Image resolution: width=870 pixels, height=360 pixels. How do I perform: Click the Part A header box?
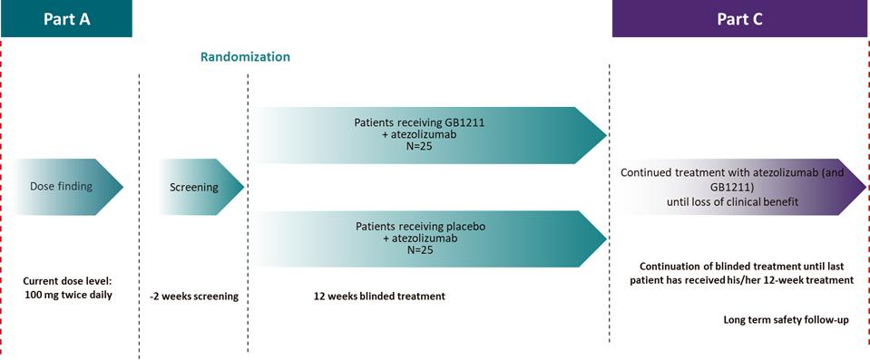[x=66, y=18]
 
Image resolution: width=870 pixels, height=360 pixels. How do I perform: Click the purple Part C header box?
[x=740, y=18]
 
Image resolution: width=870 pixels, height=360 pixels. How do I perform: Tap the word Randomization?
[x=245, y=56]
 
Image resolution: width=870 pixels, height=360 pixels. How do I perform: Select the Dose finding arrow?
[x=69, y=187]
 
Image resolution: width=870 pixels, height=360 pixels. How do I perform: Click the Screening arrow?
[x=201, y=187]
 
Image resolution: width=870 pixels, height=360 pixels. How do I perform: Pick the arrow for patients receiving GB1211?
[x=430, y=135]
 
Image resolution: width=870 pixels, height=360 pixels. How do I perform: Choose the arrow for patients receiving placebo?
[x=430, y=238]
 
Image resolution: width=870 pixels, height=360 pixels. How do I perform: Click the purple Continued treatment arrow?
[x=741, y=187]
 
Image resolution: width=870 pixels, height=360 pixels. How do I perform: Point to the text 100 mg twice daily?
[x=69, y=295]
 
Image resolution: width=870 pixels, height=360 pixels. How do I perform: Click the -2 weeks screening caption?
[x=194, y=297]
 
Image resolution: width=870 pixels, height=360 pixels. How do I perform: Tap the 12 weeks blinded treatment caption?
[x=380, y=297]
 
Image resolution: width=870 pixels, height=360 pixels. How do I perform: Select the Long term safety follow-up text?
[x=787, y=320]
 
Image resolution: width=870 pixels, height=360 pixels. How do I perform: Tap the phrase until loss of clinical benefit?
[x=732, y=202]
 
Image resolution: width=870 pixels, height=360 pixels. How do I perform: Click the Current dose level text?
[x=69, y=282]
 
